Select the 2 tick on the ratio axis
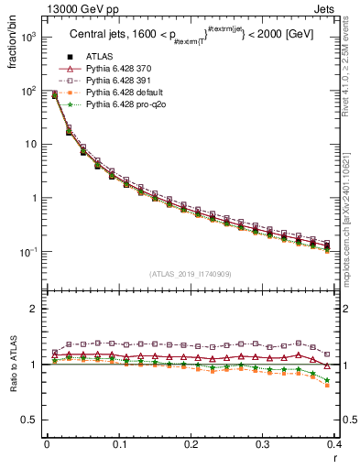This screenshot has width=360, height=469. tap(33, 309)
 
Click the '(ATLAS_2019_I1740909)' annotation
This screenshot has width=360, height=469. tap(191, 275)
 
